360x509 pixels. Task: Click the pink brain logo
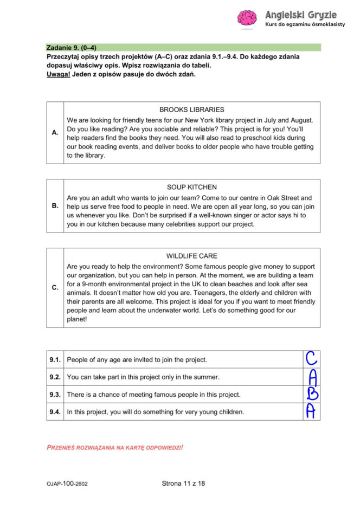click(x=247, y=18)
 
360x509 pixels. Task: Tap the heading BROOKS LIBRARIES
click(x=191, y=109)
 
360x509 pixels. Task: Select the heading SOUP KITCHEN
click(x=191, y=187)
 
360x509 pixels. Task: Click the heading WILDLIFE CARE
click(x=191, y=256)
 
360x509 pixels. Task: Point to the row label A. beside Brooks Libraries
click(x=55, y=132)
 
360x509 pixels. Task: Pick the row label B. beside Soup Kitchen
click(x=55, y=206)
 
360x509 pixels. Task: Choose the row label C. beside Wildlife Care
click(x=55, y=287)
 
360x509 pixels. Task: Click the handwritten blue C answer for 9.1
click(x=311, y=358)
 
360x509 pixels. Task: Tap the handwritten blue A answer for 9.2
click(x=312, y=376)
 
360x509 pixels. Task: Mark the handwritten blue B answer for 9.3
click(x=312, y=394)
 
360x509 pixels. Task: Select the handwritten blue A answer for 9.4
click(x=311, y=411)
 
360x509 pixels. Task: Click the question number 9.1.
click(x=55, y=359)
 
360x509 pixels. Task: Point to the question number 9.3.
click(x=55, y=394)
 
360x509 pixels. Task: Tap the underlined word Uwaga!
click(x=59, y=74)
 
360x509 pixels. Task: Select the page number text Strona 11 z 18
click(x=183, y=484)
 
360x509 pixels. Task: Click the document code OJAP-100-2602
click(x=67, y=484)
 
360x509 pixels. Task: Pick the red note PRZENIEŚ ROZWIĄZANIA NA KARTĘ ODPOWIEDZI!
click(x=115, y=447)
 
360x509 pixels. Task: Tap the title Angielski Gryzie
click(x=301, y=15)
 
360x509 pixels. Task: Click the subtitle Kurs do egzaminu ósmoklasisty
click(x=305, y=25)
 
